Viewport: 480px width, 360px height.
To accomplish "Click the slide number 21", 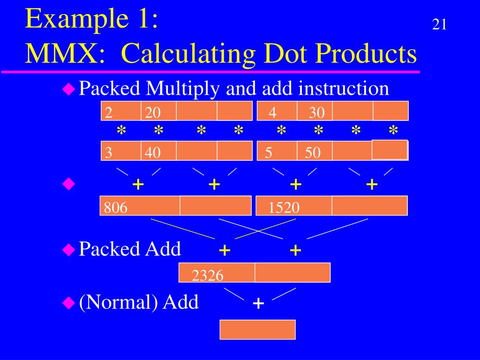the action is (439, 24).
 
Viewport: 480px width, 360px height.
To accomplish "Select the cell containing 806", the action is (140, 206).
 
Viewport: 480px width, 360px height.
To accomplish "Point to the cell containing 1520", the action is (294, 206).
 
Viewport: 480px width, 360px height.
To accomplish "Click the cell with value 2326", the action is (217, 273).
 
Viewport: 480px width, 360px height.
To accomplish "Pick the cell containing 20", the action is (159, 111).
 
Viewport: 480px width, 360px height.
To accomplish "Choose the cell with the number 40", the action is (159, 151).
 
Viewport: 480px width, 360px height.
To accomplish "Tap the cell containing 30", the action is (315, 111).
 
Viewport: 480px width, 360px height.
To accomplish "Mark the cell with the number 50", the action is (315, 151).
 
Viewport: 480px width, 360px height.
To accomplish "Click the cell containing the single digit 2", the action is (121, 111).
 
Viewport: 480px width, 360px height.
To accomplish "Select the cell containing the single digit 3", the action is (121, 151).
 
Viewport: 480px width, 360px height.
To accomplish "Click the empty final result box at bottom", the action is (258, 330).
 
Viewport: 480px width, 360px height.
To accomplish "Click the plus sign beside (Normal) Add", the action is (258, 304).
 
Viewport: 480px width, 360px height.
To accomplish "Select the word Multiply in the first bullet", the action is (184, 88).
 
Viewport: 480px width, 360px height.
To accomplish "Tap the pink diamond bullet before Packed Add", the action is (69, 250).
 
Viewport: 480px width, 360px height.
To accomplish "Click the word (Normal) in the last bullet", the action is (118, 302).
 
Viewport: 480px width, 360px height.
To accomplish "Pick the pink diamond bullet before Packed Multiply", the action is (69, 88).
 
